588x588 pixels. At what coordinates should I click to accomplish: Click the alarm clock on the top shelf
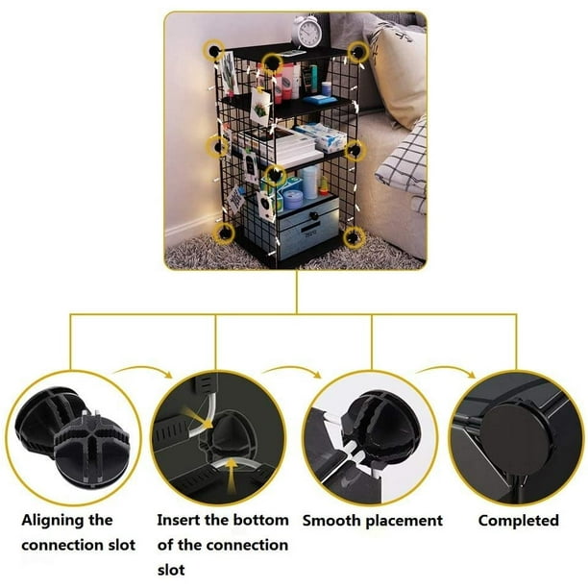point(307,31)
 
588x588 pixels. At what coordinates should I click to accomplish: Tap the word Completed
point(519,521)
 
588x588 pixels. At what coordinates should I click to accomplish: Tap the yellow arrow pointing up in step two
point(233,478)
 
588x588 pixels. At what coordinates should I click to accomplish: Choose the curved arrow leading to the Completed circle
point(446,370)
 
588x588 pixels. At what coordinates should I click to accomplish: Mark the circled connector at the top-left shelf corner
point(213,50)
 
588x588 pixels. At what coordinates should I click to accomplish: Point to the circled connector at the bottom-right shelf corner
point(354,237)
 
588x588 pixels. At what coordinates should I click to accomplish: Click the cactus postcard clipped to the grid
point(260,108)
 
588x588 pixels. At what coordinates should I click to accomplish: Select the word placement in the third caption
point(404,522)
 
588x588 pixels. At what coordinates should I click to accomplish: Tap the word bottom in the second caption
point(260,520)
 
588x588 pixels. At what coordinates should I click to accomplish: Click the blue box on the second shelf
point(320,99)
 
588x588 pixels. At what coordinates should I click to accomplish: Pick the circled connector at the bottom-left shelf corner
point(224,233)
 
